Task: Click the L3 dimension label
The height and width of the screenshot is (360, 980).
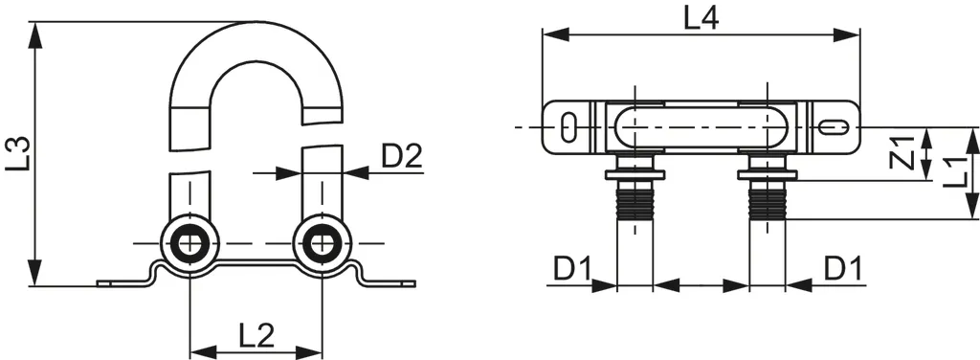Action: (x=17, y=154)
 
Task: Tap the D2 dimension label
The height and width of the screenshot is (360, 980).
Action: (x=402, y=155)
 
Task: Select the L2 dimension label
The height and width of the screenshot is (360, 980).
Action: (x=256, y=334)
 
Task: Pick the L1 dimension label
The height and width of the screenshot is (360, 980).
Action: (x=951, y=172)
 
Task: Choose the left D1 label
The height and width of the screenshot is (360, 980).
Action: (x=572, y=270)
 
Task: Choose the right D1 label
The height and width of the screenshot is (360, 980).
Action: (x=843, y=270)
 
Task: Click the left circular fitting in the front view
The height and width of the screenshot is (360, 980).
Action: (x=190, y=244)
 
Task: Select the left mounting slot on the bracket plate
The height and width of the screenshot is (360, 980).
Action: (x=568, y=126)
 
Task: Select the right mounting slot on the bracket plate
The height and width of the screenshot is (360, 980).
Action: (x=832, y=126)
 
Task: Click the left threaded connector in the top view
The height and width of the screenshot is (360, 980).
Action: (x=634, y=201)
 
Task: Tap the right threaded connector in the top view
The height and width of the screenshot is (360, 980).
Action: (x=767, y=201)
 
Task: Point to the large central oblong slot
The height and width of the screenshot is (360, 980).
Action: (x=701, y=126)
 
